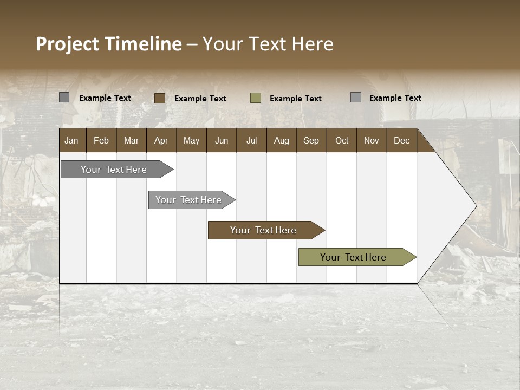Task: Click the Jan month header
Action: click(x=71, y=140)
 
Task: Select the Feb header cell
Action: click(x=101, y=140)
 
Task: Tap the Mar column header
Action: click(x=131, y=140)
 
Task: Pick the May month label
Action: click(x=191, y=140)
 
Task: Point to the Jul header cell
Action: click(x=251, y=140)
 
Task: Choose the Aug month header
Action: click(x=281, y=140)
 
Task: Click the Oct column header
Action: click(x=342, y=140)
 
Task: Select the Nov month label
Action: click(x=372, y=140)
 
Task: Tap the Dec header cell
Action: click(x=401, y=140)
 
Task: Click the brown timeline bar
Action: click(x=263, y=230)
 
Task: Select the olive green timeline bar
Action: click(x=353, y=257)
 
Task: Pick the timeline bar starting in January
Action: click(x=114, y=170)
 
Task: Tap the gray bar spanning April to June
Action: click(x=188, y=200)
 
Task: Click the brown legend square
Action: click(x=160, y=98)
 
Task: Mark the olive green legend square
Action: click(x=256, y=98)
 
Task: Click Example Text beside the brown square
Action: click(x=200, y=99)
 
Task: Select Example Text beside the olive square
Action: click(x=296, y=99)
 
